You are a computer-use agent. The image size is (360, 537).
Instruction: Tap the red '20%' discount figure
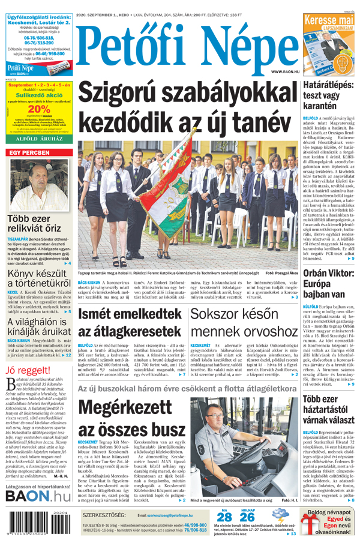click(x=38, y=109)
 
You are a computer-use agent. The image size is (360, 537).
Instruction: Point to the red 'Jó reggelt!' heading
click(x=26, y=370)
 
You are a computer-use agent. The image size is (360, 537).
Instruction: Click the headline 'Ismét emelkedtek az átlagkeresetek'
click(x=129, y=322)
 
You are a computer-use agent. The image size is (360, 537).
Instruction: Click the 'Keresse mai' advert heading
click(x=329, y=20)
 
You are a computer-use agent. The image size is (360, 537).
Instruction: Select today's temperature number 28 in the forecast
click(x=224, y=517)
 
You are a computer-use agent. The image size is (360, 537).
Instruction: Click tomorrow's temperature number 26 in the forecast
click(x=247, y=517)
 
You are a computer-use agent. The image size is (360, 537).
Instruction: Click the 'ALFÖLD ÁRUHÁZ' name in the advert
click(x=38, y=138)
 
